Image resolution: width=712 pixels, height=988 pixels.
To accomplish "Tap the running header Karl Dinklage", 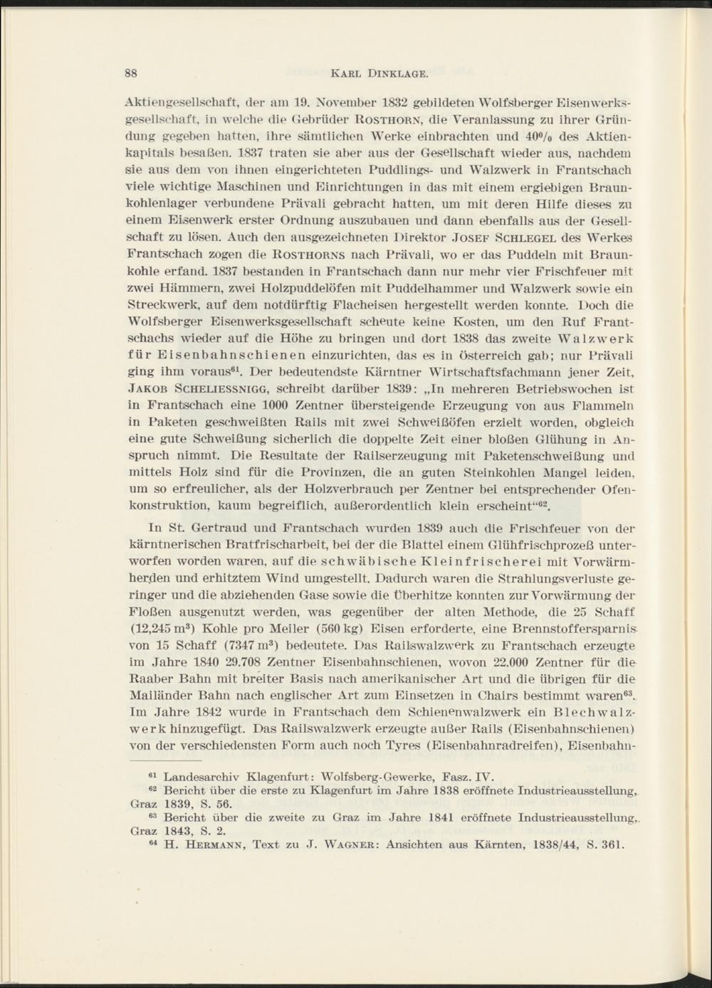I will pos(379,73).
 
